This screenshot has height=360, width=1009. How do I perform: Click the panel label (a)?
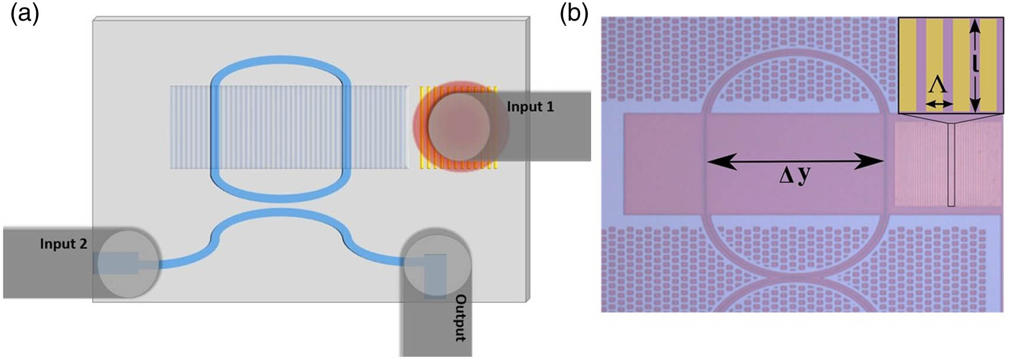pyautogui.click(x=25, y=15)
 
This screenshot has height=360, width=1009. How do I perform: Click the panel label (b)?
pyautogui.click(x=574, y=15)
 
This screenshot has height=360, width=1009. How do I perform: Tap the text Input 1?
pyautogui.click(x=530, y=107)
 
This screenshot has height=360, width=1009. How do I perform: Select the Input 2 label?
pyautogui.click(x=63, y=244)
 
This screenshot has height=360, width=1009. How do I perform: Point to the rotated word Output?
pyautogui.click(x=460, y=318)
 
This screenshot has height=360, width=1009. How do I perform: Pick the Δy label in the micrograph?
pyautogui.click(x=794, y=175)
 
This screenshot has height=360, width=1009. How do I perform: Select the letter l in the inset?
pyautogui.click(x=975, y=63)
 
